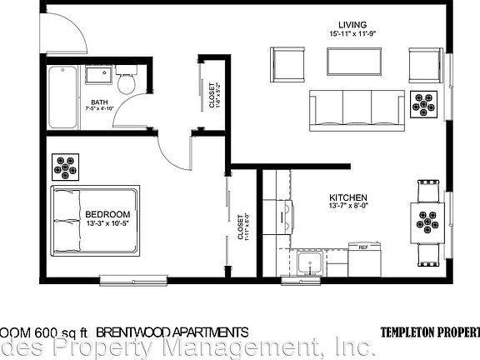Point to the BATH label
pos(99,104)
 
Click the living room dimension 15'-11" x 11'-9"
pos(351,33)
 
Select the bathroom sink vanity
pos(97,77)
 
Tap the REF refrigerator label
pos(363,247)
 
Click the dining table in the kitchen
pos(428,222)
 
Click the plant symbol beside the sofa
pos(428,104)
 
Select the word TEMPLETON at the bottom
pos(408,332)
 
